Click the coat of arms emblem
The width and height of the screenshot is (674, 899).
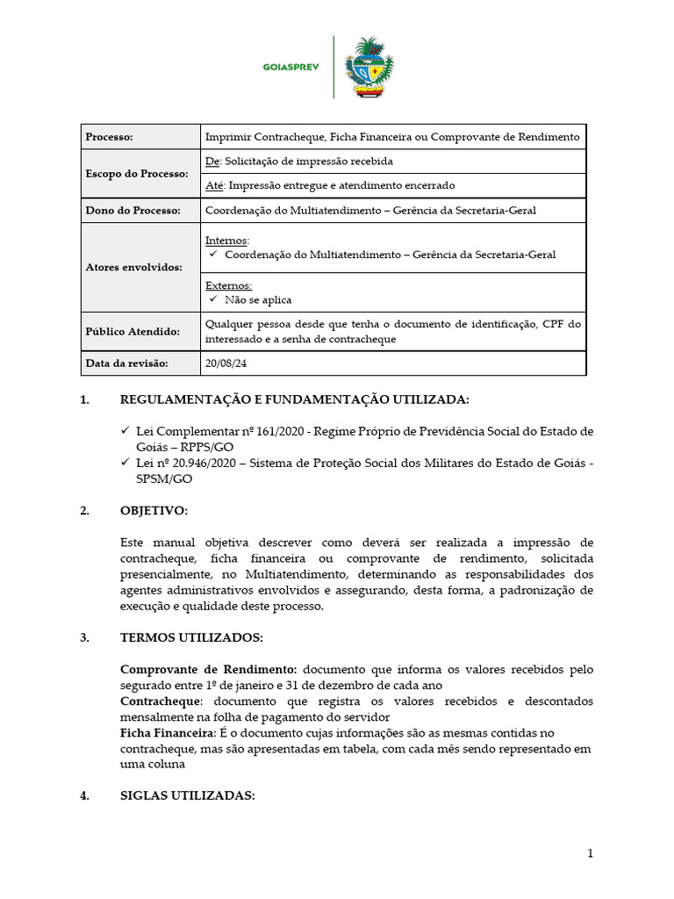click(x=369, y=67)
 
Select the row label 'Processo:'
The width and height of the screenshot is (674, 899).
click(x=109, y=137)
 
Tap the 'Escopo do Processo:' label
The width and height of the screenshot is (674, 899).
click(x=137, y=174)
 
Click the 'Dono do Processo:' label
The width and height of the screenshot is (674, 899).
click(x=133, y=211)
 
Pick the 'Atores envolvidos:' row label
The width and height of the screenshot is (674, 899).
click(x=134, y=267)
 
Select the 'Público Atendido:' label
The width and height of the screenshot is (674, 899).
click(x=133, y=332)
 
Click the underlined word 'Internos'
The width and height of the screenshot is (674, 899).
click(x=226, y=241)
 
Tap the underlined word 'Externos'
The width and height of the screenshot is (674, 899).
click(x=228, y=285)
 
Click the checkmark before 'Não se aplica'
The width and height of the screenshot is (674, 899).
click(x=213, y=299)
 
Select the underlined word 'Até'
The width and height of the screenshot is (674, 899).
click(x=214, y=185)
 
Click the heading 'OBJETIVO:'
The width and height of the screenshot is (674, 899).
click(x=154, y=511)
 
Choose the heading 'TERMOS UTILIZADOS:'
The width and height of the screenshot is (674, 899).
click(x=190, y=638)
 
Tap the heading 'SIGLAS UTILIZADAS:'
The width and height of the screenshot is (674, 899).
click(x=187, y=796)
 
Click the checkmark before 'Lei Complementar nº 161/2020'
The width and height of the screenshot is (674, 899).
click(x=125, y=431)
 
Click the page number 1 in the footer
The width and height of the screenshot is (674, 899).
click(x=591, y=853)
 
